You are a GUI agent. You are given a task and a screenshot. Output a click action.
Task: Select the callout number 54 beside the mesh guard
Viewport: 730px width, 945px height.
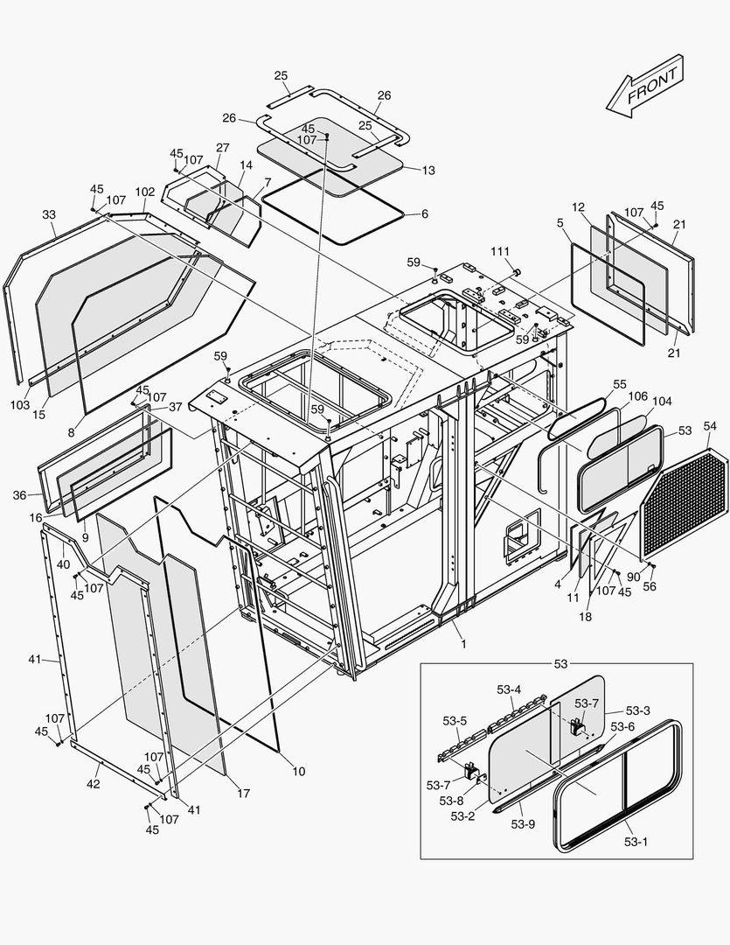coord(709,425)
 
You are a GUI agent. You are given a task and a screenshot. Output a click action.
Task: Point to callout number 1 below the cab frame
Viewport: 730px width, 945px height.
coord(463,644)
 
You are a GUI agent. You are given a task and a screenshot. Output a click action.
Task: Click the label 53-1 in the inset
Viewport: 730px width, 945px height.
coord(636,842)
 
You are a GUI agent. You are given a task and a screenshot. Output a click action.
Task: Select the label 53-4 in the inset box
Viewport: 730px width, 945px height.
coord(509,689)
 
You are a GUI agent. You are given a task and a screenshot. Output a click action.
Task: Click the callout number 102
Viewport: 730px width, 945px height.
coord(144,192)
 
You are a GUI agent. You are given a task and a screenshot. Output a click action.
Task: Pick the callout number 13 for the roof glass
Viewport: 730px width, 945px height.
coord(427,171)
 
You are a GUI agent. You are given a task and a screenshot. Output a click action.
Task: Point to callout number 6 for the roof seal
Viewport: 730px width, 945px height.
coord(424,213)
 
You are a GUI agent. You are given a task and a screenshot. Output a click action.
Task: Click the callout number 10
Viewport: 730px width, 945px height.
coord(298,771)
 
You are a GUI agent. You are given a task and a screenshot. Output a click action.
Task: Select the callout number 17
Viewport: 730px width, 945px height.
coord(243,794)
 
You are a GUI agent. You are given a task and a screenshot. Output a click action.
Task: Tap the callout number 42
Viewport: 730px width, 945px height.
coord(93,784)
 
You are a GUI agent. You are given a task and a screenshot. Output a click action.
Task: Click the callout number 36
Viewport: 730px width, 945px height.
coord(20,495)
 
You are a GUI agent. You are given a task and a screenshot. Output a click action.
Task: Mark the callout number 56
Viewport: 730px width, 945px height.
coord(650,588)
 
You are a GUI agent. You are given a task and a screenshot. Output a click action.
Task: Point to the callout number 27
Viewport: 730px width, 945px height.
coord(223,147)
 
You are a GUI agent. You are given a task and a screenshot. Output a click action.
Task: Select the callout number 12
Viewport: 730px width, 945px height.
coord(578,206)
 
